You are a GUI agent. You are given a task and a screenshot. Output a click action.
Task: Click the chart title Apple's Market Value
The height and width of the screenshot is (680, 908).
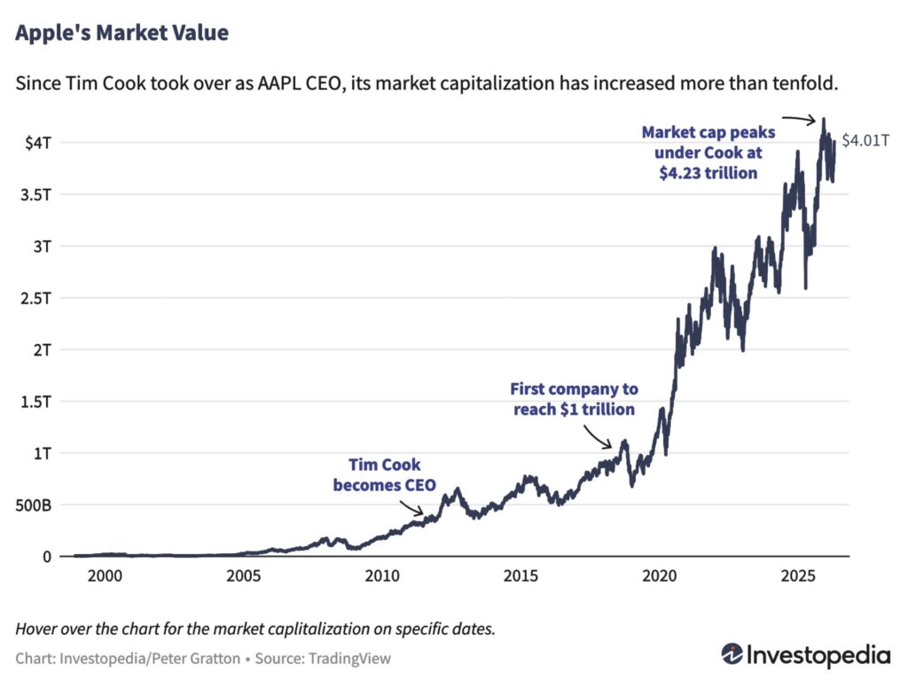click(121, 35)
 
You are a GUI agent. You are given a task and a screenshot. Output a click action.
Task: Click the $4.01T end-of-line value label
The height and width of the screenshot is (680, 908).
click(865, 140)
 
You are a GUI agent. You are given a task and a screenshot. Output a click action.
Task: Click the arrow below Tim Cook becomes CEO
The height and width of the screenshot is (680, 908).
click(412, 508)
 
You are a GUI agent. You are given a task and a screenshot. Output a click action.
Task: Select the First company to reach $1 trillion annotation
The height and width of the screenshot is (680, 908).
click(573, 399)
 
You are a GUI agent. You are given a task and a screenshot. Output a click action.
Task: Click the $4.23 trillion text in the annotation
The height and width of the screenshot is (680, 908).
click(708, 173)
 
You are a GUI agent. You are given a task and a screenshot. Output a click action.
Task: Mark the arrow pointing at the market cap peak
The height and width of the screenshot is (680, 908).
click(800, 119)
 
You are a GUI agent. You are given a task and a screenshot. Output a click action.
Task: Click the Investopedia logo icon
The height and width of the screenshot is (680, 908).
click(732, 655)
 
